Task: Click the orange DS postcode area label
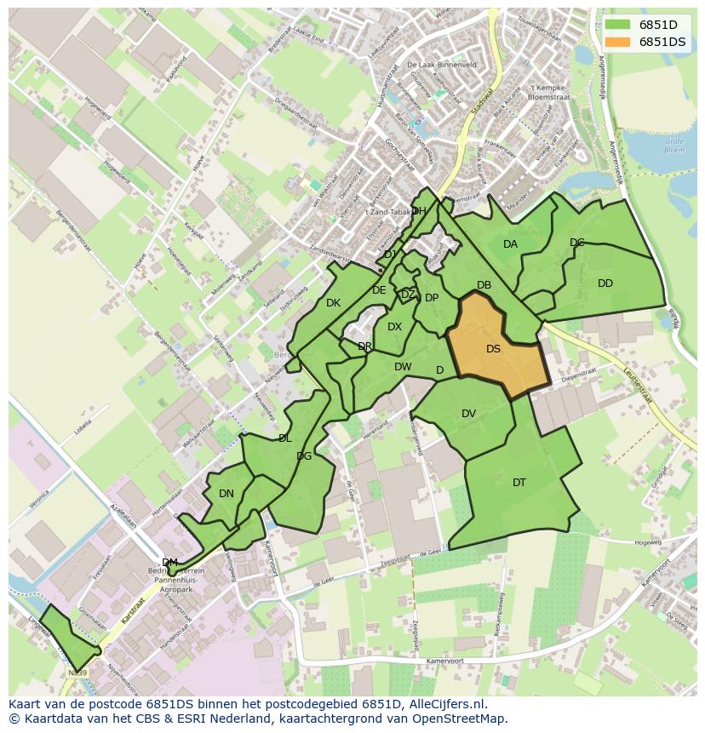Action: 493,349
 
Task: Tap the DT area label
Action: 519,483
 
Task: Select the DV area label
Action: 468,414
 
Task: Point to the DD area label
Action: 605,283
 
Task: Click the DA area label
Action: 510,244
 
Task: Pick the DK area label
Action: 333,302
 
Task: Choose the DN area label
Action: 226,493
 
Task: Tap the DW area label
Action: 403,367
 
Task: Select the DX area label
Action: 394,327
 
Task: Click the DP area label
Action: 432,298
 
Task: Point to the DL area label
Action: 284,438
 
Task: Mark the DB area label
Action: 484,285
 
